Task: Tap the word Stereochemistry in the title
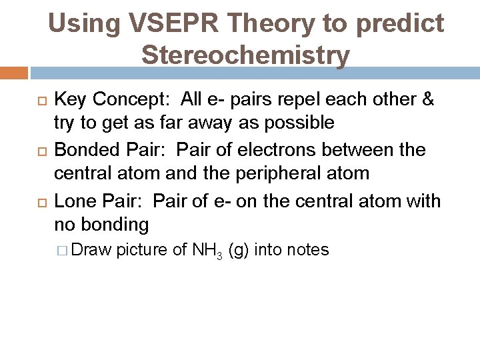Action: coord(245,55)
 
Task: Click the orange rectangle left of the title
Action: coord(14,73)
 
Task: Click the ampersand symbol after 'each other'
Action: coord(427,100)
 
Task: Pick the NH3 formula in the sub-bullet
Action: coord(207,251)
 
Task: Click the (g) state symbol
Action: coord(239,251)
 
